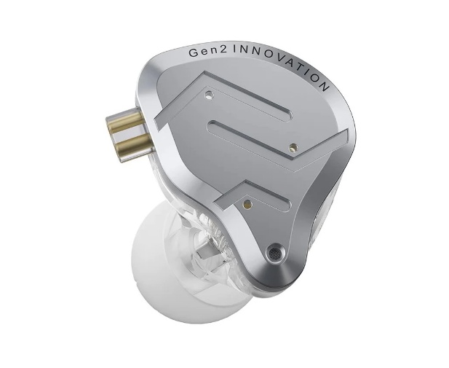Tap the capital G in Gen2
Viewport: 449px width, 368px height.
coord(194,52)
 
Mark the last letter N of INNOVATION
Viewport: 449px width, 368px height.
coord(325,87)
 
